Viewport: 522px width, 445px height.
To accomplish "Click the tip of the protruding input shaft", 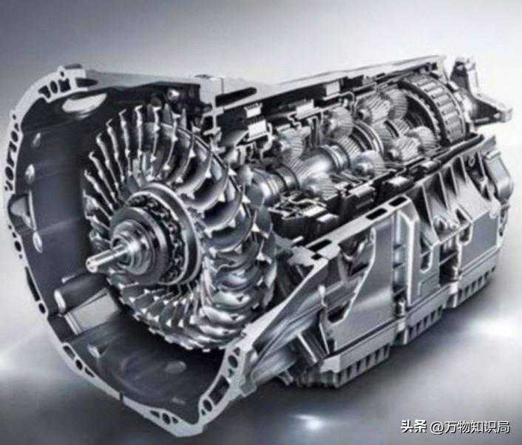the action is point(89,264).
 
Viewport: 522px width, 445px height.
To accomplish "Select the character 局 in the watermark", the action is point(503,427).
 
